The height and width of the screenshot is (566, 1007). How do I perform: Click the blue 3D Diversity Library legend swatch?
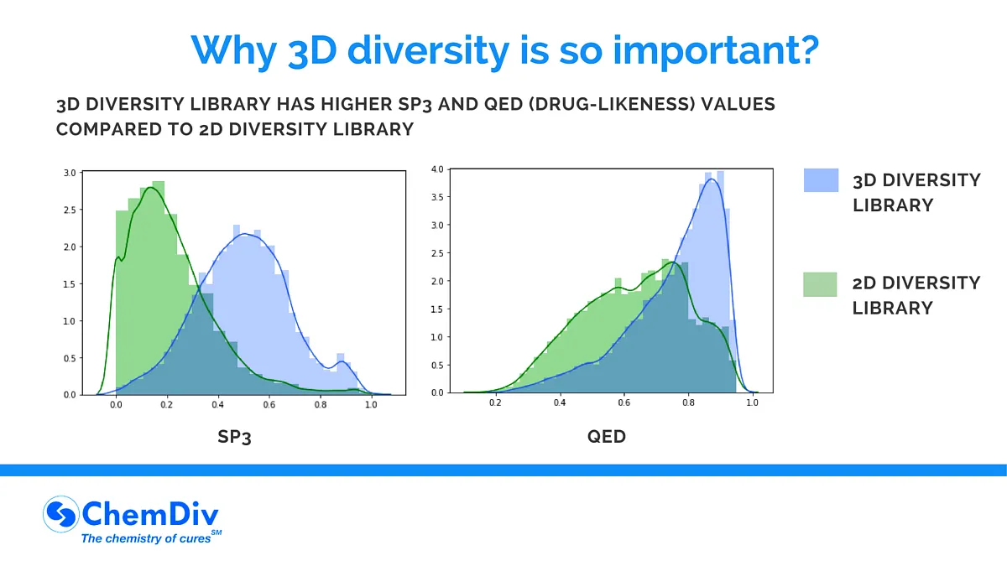pos(821,180)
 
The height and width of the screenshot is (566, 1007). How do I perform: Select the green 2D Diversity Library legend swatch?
pos(821,284)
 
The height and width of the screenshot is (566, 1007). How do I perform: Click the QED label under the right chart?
pos(607,437)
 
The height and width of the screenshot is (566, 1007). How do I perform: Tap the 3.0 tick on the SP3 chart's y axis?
pos(69,173)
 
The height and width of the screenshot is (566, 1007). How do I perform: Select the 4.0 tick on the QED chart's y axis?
pos(436,169)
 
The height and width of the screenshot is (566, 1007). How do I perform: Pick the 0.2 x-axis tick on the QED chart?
pos(495,403)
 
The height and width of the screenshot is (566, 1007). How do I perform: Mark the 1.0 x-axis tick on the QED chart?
pos(752,403)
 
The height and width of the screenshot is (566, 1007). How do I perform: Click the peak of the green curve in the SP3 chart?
pos(151,188)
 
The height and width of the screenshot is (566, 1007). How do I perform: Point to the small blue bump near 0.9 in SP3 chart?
pos(342,363)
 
